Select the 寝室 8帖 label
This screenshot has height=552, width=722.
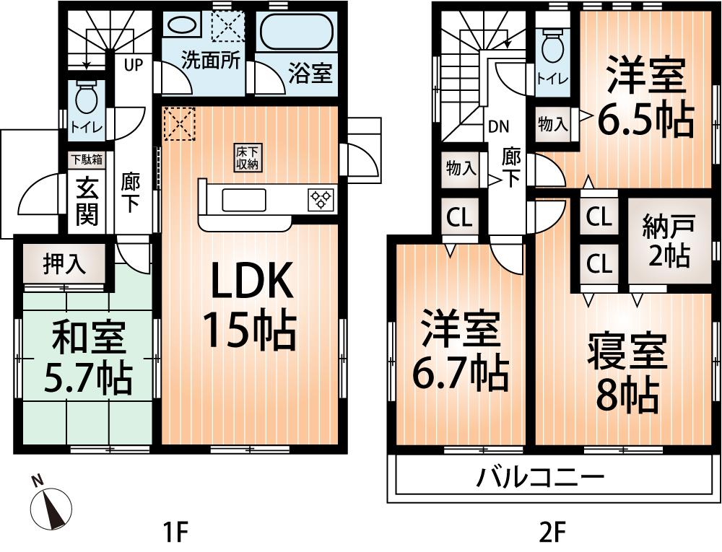627,372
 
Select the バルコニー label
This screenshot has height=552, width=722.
540,477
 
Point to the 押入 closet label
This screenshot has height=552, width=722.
65,264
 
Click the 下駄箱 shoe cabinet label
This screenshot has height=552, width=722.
85,159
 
